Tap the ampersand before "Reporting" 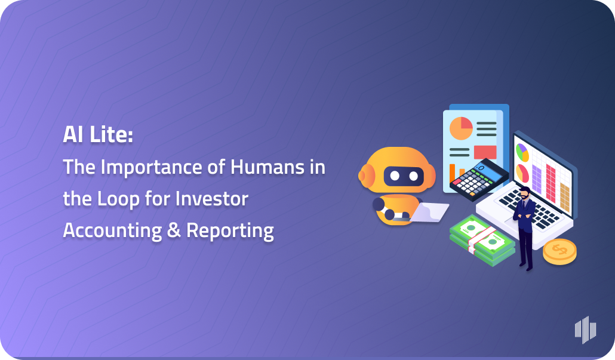173,230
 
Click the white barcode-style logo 585,329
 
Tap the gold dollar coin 559,251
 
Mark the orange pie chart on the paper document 461,128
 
